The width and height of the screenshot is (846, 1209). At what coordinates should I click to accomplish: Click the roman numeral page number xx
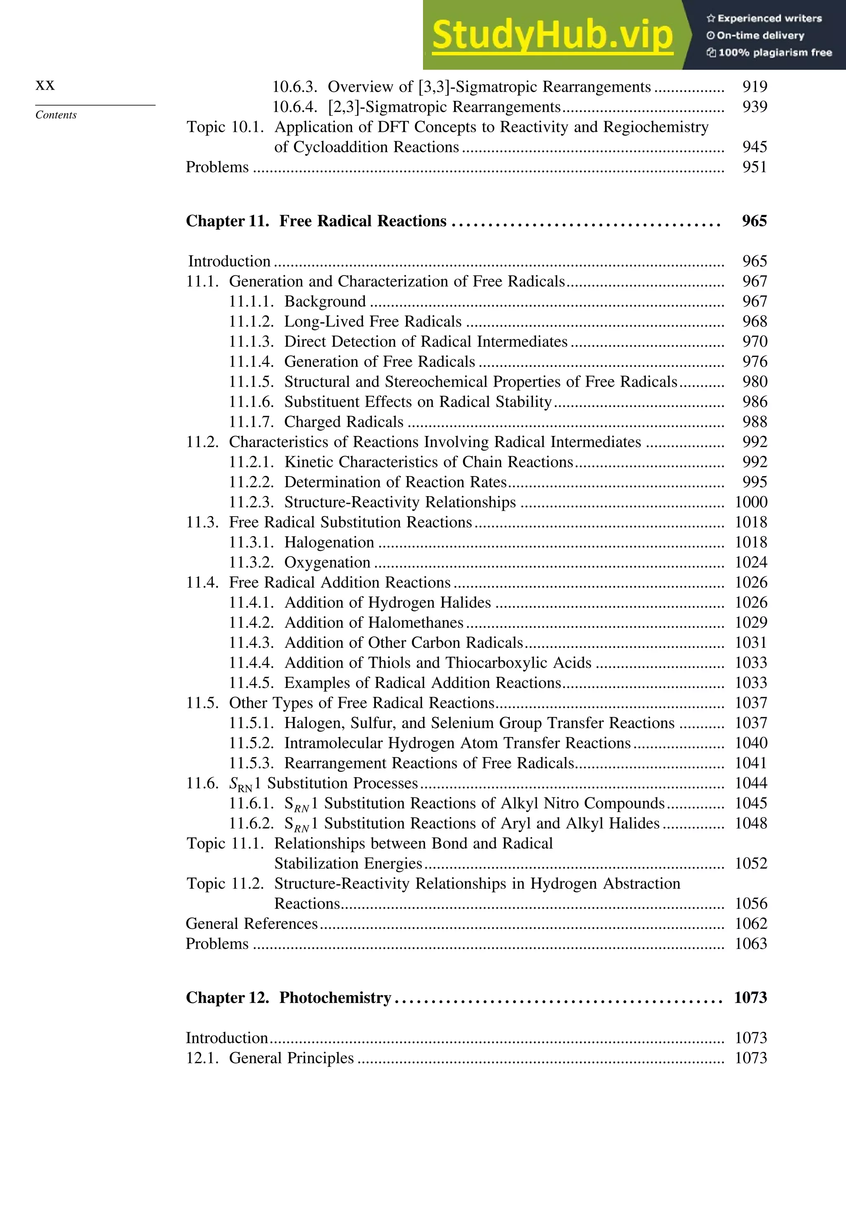[45, 85]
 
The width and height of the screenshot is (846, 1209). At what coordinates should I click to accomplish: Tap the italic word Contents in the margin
[56, 115]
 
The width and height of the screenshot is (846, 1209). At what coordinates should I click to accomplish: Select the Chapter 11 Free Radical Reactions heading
[316, 221]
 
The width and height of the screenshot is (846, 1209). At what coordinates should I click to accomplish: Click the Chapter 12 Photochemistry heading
[288, 998]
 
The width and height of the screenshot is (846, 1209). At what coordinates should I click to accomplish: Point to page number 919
[754, 87]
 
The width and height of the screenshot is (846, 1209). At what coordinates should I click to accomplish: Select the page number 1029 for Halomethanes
[751, 622]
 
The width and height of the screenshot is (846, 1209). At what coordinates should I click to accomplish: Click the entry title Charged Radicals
[344, 422]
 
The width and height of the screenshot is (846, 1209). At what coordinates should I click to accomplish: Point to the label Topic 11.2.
[225, 883]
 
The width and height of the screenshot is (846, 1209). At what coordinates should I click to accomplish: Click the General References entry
[252, 923]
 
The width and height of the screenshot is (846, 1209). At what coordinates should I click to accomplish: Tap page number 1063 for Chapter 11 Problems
[751, 944]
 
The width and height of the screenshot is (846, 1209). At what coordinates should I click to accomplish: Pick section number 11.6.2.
[251, 823]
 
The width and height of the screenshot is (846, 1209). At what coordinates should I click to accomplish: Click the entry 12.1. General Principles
[270, 1059]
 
